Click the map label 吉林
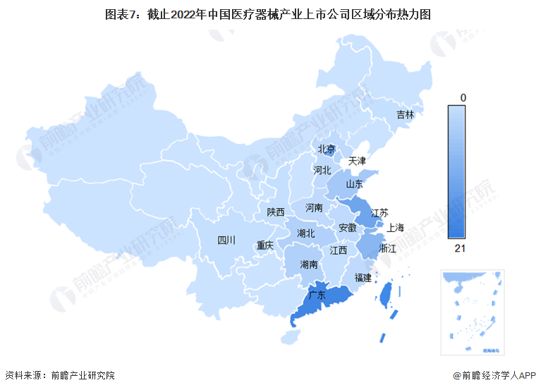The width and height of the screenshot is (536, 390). coord(405,114)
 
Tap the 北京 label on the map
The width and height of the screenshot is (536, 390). coord(326,149)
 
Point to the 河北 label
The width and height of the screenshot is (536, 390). coord(322,170)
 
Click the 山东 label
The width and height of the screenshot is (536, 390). coord(354,185)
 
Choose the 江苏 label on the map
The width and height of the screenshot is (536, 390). coord(379,213)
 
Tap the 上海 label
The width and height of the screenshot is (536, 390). coord(396,227)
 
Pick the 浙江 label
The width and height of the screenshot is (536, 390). coord(388,249)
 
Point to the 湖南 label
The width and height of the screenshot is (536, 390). coord(308,265)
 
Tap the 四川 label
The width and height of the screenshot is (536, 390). coord(227,240)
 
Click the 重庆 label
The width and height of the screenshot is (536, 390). coord(265,245)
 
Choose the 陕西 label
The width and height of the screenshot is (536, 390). coord(276,212)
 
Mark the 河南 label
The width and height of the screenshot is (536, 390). coord(314,208)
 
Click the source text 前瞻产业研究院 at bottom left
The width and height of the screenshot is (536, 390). coord(82,375)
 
